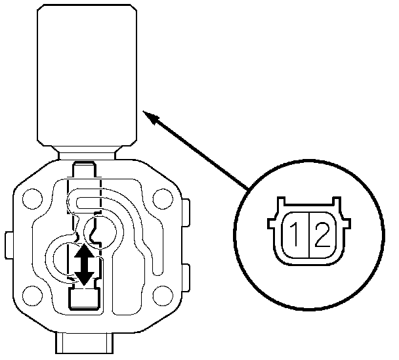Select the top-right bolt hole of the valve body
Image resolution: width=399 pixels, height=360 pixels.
pos(161,196)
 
